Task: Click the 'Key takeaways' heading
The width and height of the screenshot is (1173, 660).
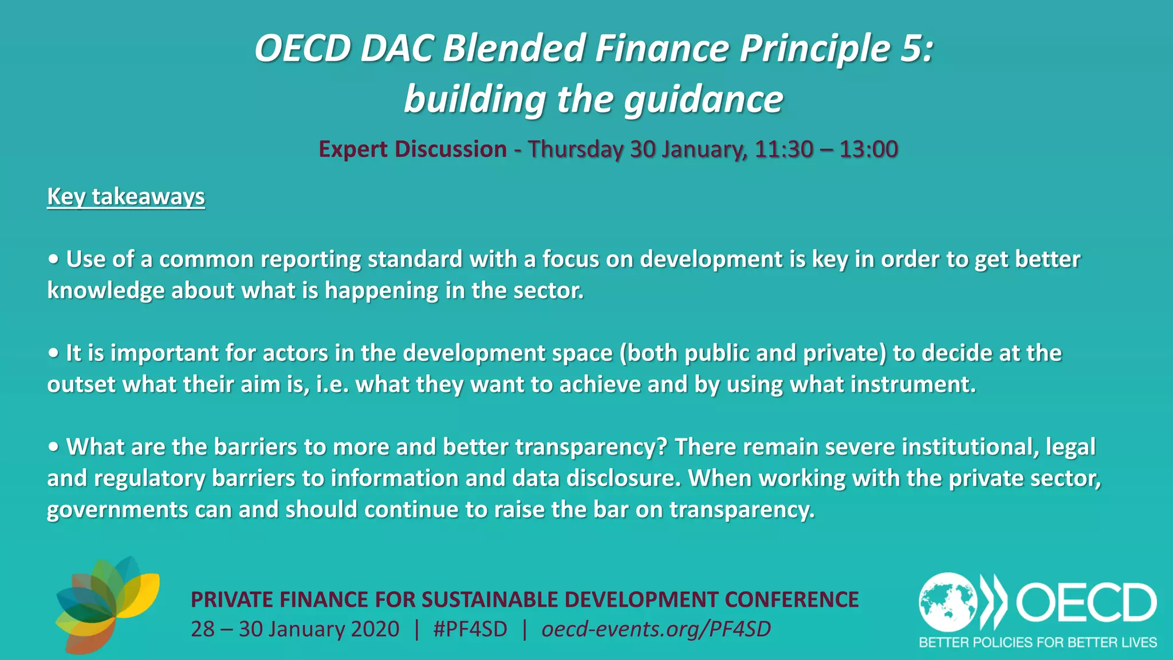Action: (125, 197)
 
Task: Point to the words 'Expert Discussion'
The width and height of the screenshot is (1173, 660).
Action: (412, 149)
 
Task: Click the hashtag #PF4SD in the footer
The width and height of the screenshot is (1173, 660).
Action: (470, 629)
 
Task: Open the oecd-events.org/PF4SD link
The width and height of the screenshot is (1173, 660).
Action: (656, 629)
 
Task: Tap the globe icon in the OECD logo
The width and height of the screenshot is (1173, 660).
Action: (948, 602)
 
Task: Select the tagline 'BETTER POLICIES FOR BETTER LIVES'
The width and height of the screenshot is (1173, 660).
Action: (1038, 642)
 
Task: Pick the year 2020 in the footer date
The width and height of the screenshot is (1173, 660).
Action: (375, 629)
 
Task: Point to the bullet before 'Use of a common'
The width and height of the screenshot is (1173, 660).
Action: (53, 260)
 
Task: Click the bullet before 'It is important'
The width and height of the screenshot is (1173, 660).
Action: (53, 353)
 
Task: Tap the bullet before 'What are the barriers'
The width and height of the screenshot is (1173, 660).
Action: (53, 447)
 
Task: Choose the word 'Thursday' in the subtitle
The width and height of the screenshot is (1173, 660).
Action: (575, 149)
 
